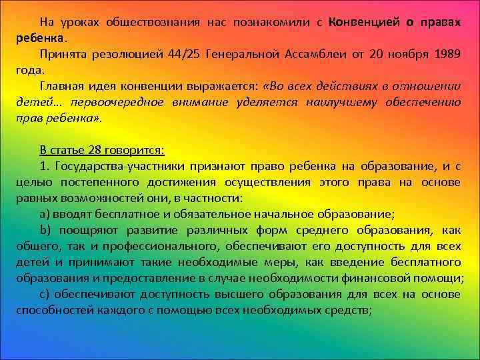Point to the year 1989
point(445,54)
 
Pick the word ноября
point(401,54)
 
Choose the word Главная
point(61,86)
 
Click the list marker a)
point(45,214)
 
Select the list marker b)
point(45,230)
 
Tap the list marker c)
point(44,294)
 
